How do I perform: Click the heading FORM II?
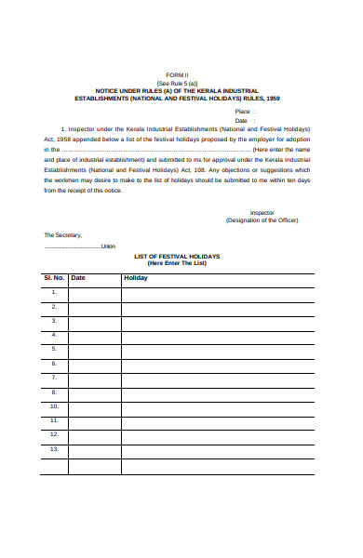(176, 73)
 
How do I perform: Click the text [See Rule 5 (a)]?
(176, 82)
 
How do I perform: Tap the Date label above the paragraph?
(241, 120)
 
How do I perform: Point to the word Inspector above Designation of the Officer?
(262, 212)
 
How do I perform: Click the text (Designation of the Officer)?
(262, 220)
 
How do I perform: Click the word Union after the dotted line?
(108, 246)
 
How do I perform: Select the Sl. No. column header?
(54, 278)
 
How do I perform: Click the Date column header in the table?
(78, 278)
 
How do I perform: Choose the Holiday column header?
(136, 278)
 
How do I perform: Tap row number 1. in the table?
(54, 292)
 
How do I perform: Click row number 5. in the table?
(54, 349)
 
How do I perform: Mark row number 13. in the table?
(54, 449)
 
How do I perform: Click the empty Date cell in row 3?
(94, 321)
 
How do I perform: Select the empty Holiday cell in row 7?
(217, 378)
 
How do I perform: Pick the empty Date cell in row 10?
(94, 406)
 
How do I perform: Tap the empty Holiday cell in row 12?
(217, 434)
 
